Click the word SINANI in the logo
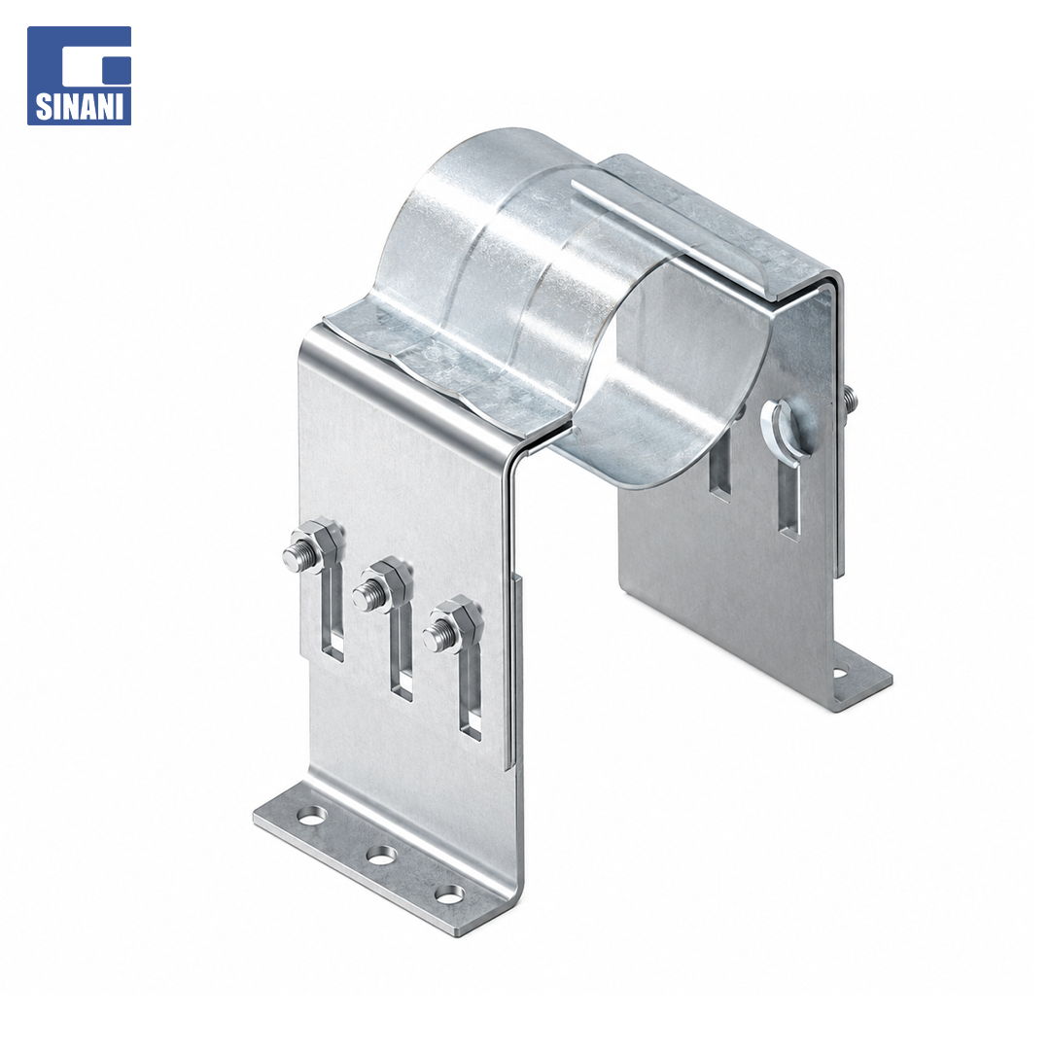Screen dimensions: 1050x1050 [79, 108]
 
